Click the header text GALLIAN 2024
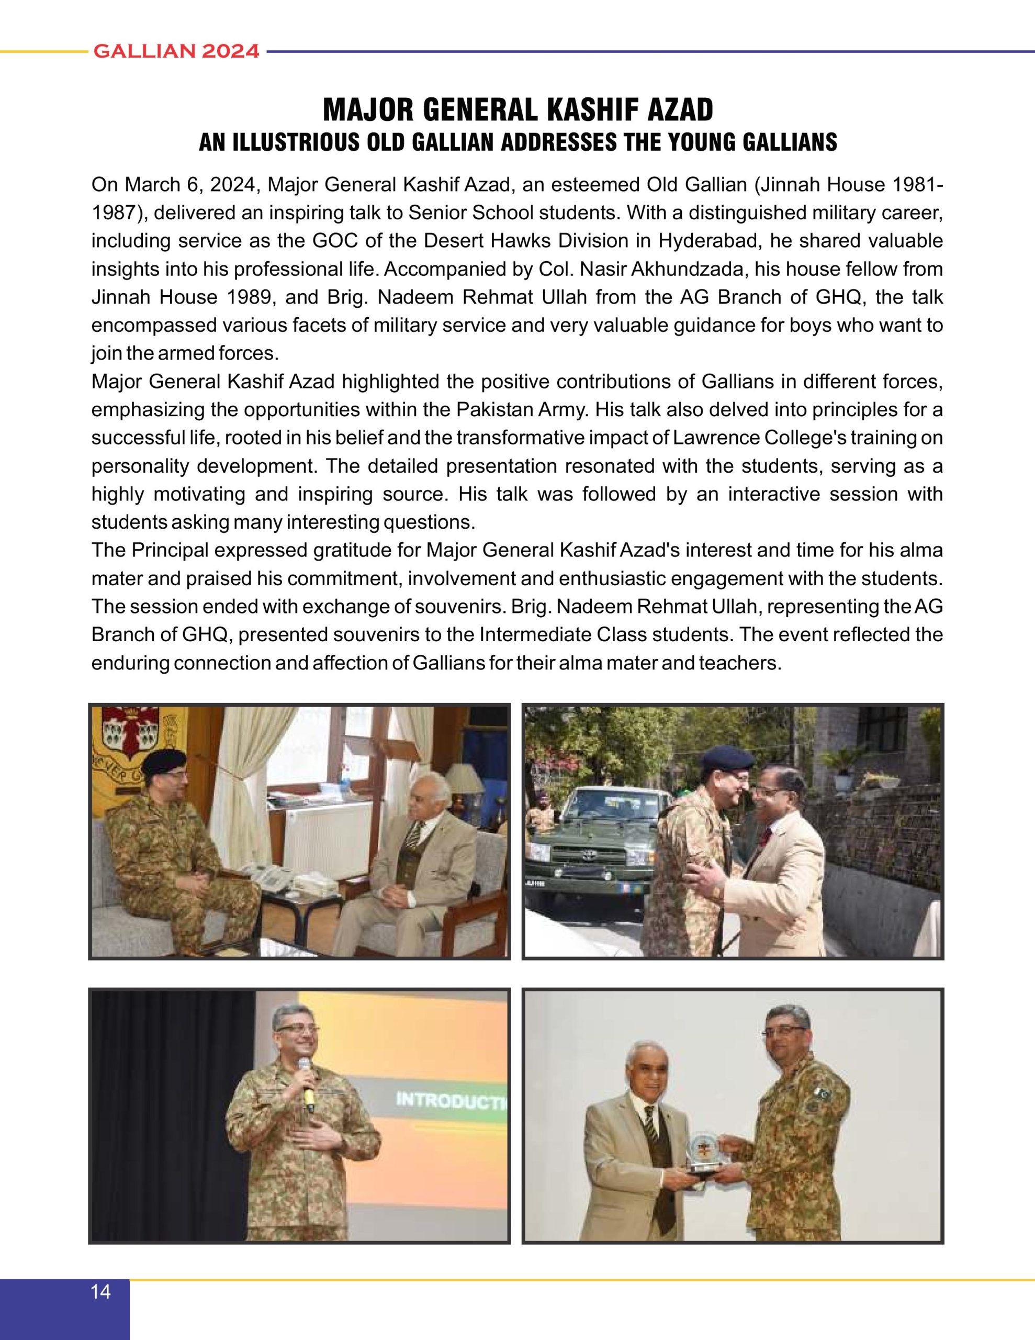point(176,52)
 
